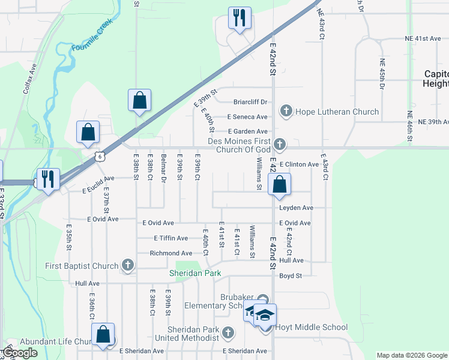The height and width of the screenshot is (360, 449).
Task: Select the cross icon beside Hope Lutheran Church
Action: click(286, 111)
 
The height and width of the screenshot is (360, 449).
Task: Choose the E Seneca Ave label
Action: click(247, 117)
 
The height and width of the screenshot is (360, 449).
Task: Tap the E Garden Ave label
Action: click(247, 131)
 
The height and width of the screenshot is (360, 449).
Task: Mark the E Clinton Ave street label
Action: click(298, 164)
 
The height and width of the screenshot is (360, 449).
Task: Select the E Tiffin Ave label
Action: click(171, 238)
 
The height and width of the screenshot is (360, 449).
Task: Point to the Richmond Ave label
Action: click(171, 253)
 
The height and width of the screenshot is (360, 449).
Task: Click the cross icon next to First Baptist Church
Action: click(127, 265)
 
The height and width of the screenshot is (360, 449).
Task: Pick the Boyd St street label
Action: click(291, 276)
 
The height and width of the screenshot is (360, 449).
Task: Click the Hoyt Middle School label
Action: click(311, 327)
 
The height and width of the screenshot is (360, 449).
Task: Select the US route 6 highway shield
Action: click(99, 156)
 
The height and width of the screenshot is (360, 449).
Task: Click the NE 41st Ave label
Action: click(423, 38)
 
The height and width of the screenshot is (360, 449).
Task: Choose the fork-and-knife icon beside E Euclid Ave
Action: click(47, 179)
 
